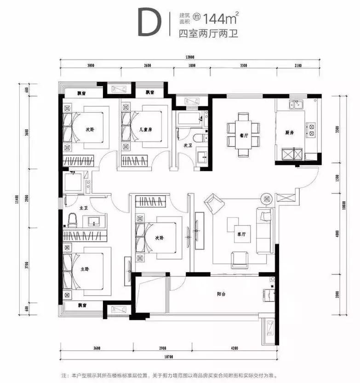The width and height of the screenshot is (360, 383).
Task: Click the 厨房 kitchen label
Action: tap(289, 133)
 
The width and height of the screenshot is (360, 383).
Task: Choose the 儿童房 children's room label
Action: tap(146, 129)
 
